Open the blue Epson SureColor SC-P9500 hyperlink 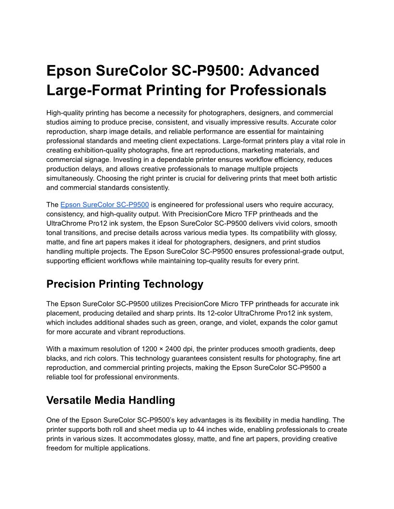click(x=104, y=204)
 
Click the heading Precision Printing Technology click(x=125, y=284)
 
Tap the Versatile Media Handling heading click(x=111, y=400)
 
